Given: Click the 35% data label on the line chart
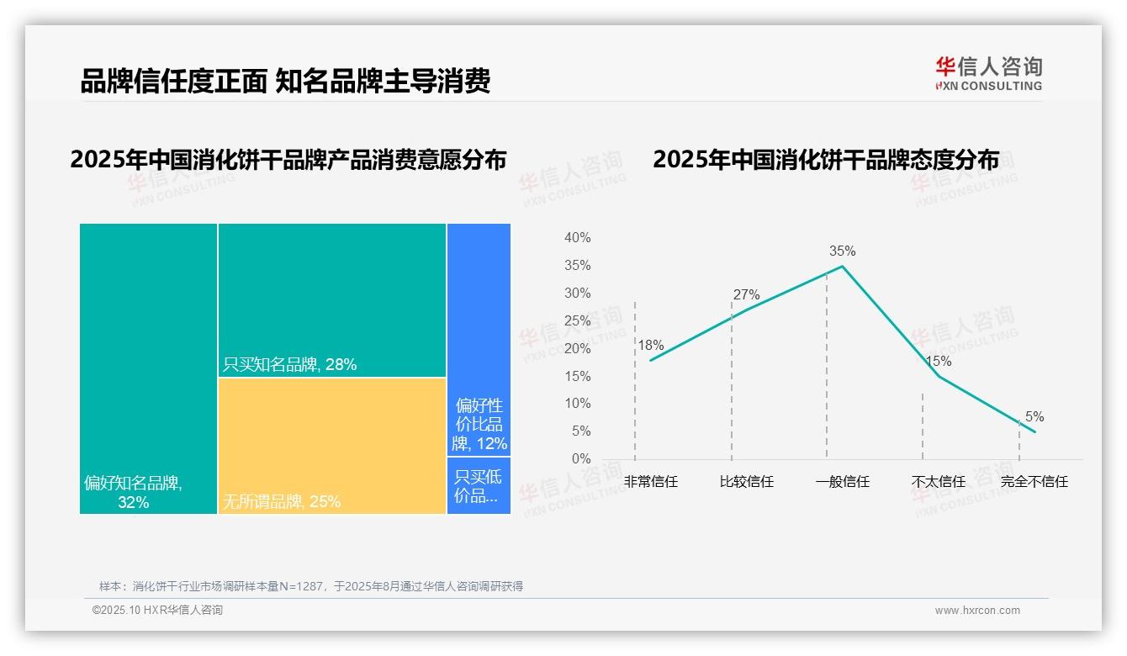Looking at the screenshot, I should pos(842,251).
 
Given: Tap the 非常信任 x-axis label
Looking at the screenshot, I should pos(650,482).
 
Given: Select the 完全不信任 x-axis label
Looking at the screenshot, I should pos(1034,482).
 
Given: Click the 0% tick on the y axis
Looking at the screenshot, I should pos(581,459).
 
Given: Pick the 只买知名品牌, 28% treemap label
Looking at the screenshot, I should pos(289,364).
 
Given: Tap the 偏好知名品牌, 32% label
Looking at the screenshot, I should pos(133,493).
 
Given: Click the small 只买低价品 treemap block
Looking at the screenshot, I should pos(479,486).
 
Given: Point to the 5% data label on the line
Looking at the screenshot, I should pos(1034,417).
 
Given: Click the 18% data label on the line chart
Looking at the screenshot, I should pos(650,345).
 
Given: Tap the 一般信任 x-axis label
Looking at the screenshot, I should pos(842,482).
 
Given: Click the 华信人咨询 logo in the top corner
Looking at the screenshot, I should pos(988,73).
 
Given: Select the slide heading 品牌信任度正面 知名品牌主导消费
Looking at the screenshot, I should pos(285,82).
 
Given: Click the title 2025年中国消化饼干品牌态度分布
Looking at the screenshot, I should pos(826,159).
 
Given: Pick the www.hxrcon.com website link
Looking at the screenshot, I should pos(977,611).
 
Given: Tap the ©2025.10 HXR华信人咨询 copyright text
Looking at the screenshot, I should pos(157,611).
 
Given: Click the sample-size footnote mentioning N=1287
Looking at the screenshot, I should pos(311,586).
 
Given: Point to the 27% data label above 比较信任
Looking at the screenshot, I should pos(746,294).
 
